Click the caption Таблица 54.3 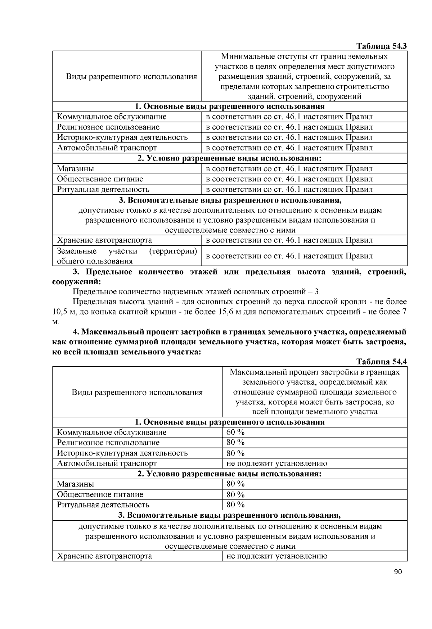(381, 46)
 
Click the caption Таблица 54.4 (381, 362)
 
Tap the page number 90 (397, 572)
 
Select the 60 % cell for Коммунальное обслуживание (235, 432)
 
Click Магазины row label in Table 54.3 (76, 168)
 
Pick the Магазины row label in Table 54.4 (76, 484)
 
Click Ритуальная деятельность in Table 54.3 (103, 189)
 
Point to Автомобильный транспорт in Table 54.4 (107, 463)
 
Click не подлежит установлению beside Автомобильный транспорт (276, 463)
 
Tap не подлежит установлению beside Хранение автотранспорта (276, 556)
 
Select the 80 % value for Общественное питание (235, 494)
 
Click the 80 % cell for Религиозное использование (235, 442)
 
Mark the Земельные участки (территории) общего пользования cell (127, 256)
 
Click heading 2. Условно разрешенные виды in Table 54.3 (230, 158)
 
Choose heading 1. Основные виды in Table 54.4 (230, 422)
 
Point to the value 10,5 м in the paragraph (63, 312)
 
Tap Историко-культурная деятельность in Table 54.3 (122, 137)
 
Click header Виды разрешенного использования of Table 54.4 (137, 392)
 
